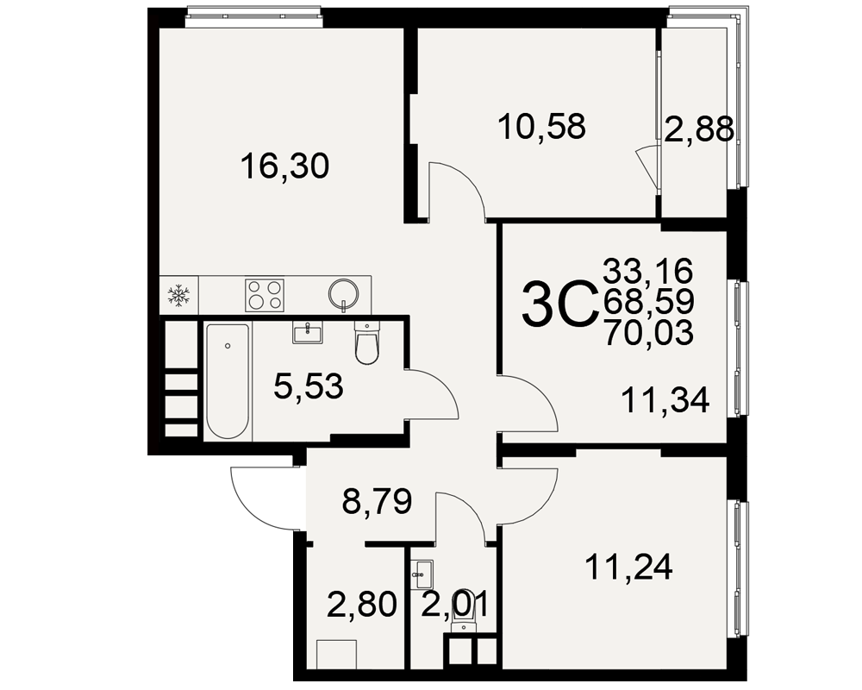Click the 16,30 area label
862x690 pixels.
click(284, 166)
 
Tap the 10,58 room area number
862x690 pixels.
click(542, 126)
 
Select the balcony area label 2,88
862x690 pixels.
click(699, 130)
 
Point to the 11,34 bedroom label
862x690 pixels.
click(665, 400)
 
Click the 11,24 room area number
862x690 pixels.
click(629, 567)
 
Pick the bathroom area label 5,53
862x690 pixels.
click(309, 386)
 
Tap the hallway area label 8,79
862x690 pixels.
click(378, 501)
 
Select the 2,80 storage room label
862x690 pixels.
click(362, 604)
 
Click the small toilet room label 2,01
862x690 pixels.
click(454, 604)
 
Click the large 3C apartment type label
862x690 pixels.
click(559, 304)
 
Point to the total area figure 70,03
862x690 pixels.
click(649, 333)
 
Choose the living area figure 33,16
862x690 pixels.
click(648, 271)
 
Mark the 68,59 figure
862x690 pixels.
click(649, 302)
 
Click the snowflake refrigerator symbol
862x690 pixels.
click(178, 296)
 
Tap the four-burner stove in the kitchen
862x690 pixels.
click(265, 295)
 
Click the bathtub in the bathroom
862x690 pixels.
click(228, 381)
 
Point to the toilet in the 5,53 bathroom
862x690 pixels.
click(366, 343)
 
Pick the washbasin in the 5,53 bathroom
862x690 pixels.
click(308, 332)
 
